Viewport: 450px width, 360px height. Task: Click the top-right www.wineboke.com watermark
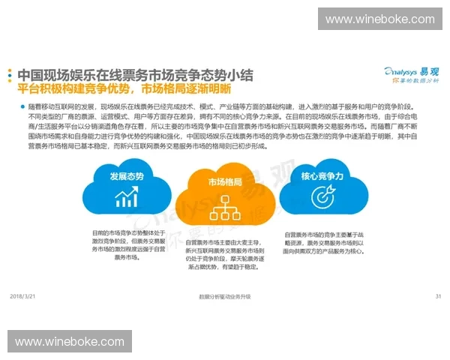[379, 19]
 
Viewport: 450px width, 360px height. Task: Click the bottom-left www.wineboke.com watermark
[69, 341]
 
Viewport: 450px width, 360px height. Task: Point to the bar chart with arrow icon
[126, 198]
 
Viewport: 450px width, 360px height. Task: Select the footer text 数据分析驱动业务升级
[225, 297]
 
